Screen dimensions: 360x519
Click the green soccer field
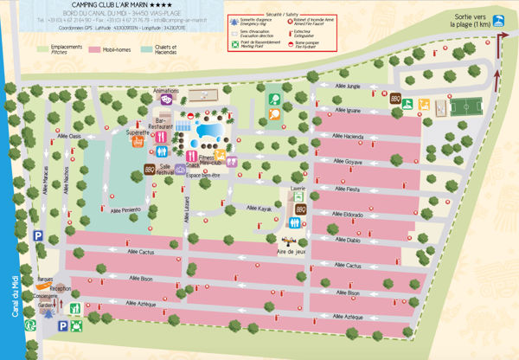click(465, 107)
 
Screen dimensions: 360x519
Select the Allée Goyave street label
click(347, 162)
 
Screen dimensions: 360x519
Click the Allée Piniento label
click(125, 210)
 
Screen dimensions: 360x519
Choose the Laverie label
click(298, 187)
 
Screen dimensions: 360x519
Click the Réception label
click(60, 287)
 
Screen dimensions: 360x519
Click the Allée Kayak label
click(259, 208)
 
